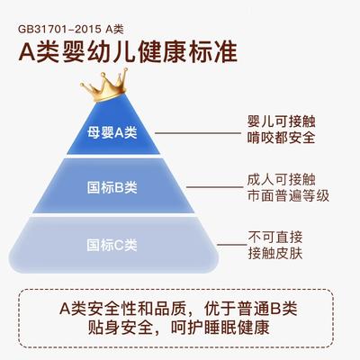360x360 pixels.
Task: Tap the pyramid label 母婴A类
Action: [x=112, y=132]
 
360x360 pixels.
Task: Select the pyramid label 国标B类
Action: [x=112, y=187]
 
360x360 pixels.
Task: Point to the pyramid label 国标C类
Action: [x=112, y=245]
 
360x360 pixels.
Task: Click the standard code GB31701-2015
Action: [x=59, y=29]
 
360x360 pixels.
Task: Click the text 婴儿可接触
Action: [x=281, y=121]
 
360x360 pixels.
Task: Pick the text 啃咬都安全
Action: [x=281, y=138]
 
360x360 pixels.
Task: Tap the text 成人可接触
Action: [x=281, y=179]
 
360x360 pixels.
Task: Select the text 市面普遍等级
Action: [x=288, y=195]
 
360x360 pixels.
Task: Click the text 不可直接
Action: [x=274, y=238]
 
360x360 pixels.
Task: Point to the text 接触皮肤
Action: [x=274, y=254]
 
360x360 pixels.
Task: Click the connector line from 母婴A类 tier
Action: [x=198, y=133]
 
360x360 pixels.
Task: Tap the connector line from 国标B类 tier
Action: [x=214, y=187]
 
